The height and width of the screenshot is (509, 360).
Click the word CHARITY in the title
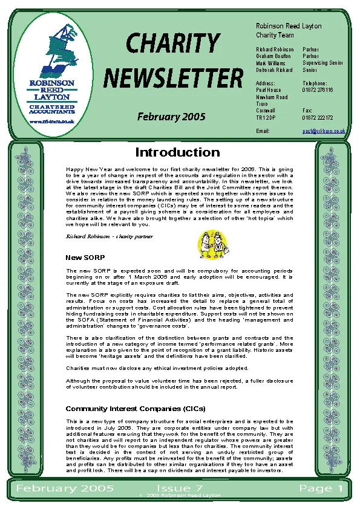[x=173, y=44]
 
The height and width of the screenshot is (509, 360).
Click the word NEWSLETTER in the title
[x=173, y=78]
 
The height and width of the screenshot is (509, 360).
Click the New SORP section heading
[x=85, y=258]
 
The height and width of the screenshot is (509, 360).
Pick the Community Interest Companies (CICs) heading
[x=136, y=409]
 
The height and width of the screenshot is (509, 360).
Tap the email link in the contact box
[x=324, y=131]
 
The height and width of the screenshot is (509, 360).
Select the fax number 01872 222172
[x=318, y=118]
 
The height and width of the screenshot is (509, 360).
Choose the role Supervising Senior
[x=323, y=62]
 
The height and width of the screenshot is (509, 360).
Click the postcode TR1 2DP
[x=266, y=118]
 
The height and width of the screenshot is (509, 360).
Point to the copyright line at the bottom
[x=180, y=495]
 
